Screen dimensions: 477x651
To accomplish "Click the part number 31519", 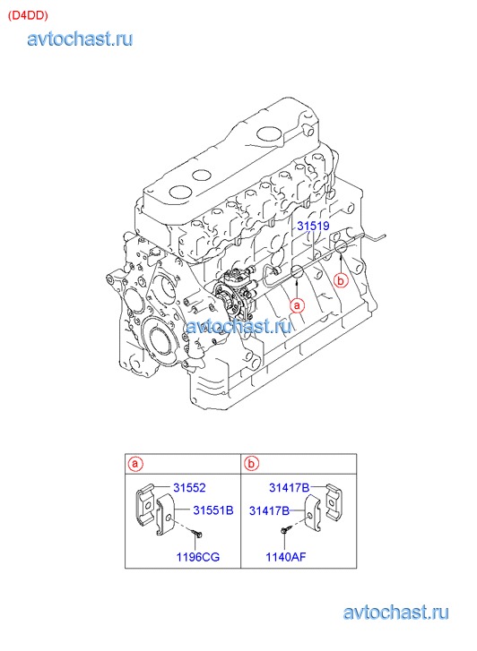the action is tap(313, 226).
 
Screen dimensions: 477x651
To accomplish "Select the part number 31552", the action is tap(189, 487).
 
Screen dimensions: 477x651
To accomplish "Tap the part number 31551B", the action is tap(212, 510).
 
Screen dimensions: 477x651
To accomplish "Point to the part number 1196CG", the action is tap(198, 557).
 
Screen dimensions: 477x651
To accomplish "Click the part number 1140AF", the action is tap(286, 556).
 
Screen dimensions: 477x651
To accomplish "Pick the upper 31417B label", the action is tap(289, 487).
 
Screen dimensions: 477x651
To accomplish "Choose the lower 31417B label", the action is tap(269, 510).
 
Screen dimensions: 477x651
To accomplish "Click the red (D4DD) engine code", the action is tap(29, 15).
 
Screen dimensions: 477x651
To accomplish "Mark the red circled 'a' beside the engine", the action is tap(297, 305).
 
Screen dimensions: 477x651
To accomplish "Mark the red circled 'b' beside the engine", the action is tap(341, 280).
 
